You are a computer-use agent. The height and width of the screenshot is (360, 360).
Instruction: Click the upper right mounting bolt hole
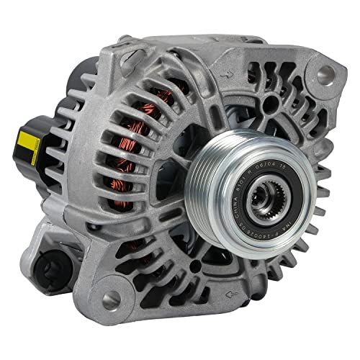click(325, 72)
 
